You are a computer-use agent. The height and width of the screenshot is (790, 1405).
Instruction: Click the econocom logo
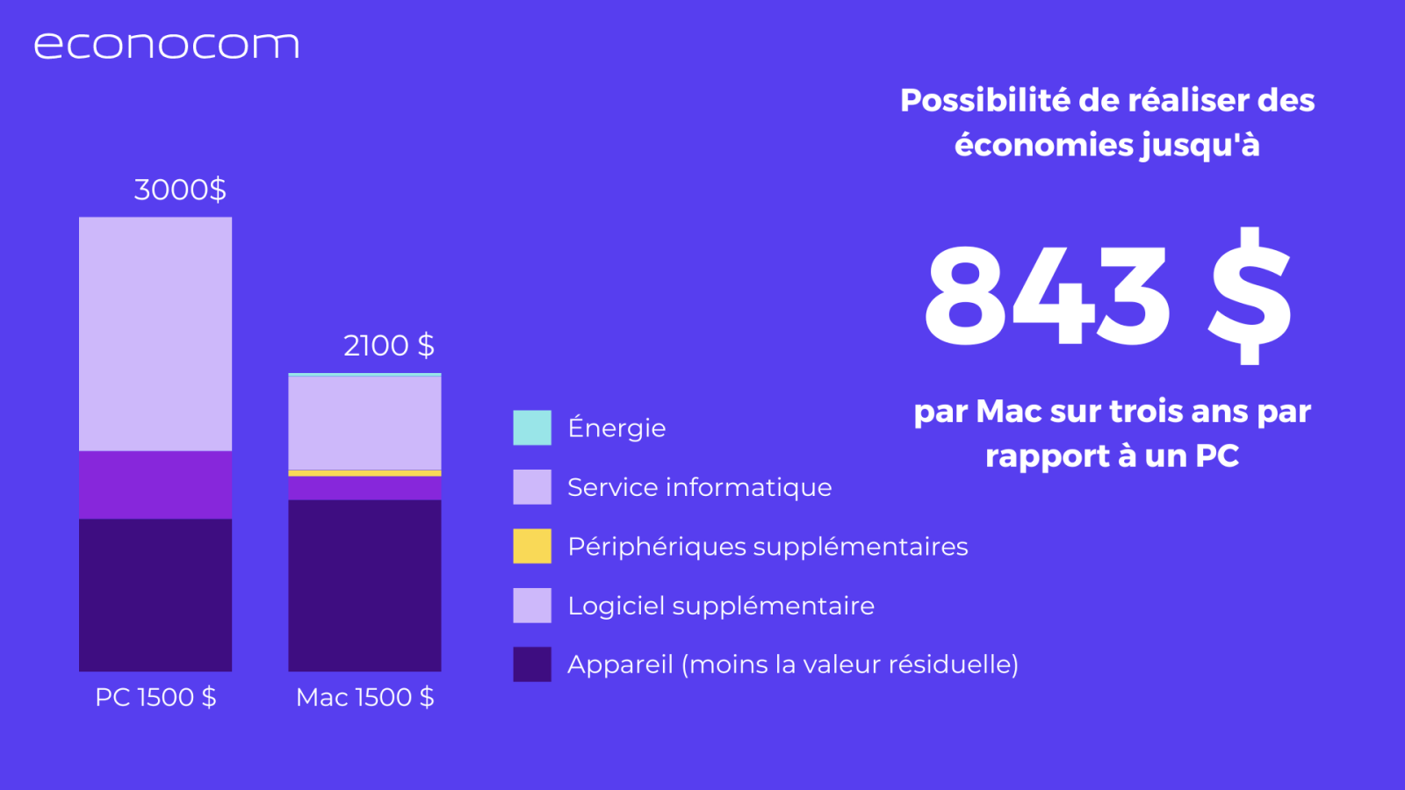(166, 46)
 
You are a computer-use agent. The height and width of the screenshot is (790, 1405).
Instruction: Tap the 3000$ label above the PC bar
(180, 190)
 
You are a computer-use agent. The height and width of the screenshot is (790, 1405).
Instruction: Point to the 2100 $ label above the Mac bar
(389, 346)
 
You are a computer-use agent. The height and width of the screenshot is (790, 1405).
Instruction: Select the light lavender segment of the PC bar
(155, 334)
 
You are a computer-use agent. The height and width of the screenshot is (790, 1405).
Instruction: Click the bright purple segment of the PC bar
(155, 485)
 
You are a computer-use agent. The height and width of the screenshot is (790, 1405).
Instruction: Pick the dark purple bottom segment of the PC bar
(155, 595)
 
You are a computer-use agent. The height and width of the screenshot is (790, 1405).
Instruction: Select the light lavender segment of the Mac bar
(365, 423)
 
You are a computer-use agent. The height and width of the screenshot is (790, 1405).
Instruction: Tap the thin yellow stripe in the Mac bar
(365, 473)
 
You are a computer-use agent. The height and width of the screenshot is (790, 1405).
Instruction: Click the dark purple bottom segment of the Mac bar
(365, 585)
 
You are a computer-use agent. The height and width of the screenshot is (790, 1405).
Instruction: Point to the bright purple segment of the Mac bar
(365, 488)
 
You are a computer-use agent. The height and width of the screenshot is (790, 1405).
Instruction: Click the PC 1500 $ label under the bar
(155, 697)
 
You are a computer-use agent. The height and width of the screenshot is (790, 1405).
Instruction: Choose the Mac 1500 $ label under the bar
(365, 697)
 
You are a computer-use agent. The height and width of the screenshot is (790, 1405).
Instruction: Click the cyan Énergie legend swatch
(532, 427)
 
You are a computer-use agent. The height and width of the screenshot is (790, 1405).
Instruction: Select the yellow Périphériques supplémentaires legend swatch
(532, 546)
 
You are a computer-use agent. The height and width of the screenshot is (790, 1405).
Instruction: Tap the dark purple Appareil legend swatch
(532, 664)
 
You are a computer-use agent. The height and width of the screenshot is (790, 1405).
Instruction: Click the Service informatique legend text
(700, 488)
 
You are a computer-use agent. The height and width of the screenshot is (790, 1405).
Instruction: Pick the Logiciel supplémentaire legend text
(721, 607)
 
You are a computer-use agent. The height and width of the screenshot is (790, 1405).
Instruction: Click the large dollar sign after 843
(1250, 295)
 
